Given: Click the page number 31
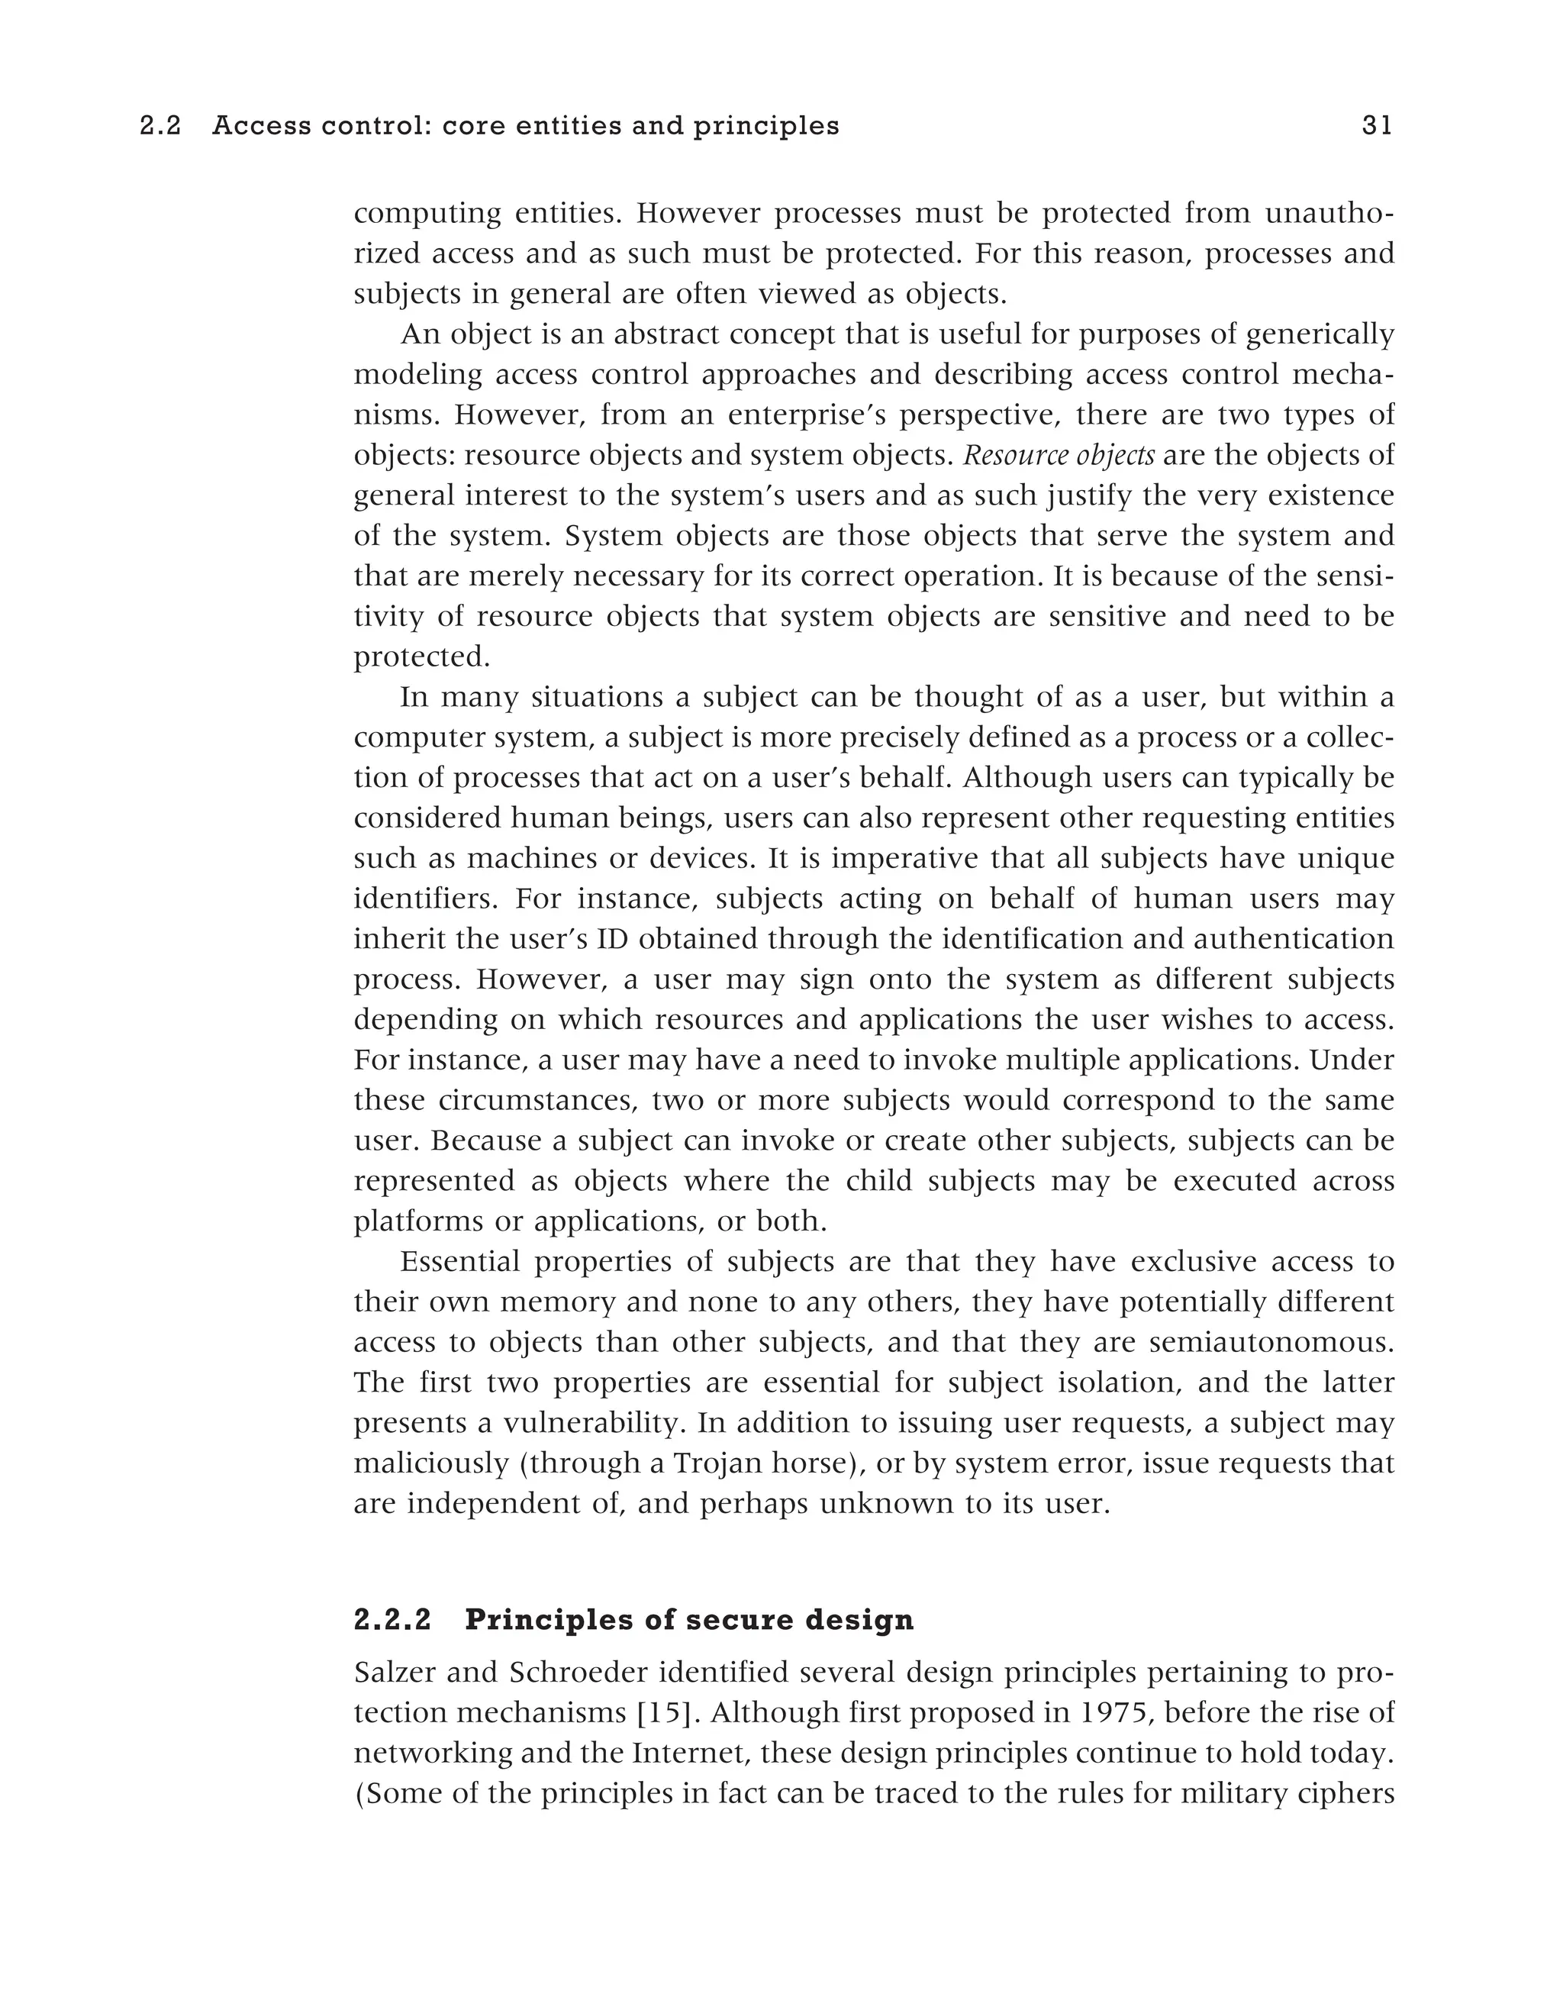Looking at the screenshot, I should coord(1376,126).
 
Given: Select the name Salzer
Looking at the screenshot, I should coord(394,1673).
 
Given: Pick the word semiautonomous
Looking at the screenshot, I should coord(1271,1343).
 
